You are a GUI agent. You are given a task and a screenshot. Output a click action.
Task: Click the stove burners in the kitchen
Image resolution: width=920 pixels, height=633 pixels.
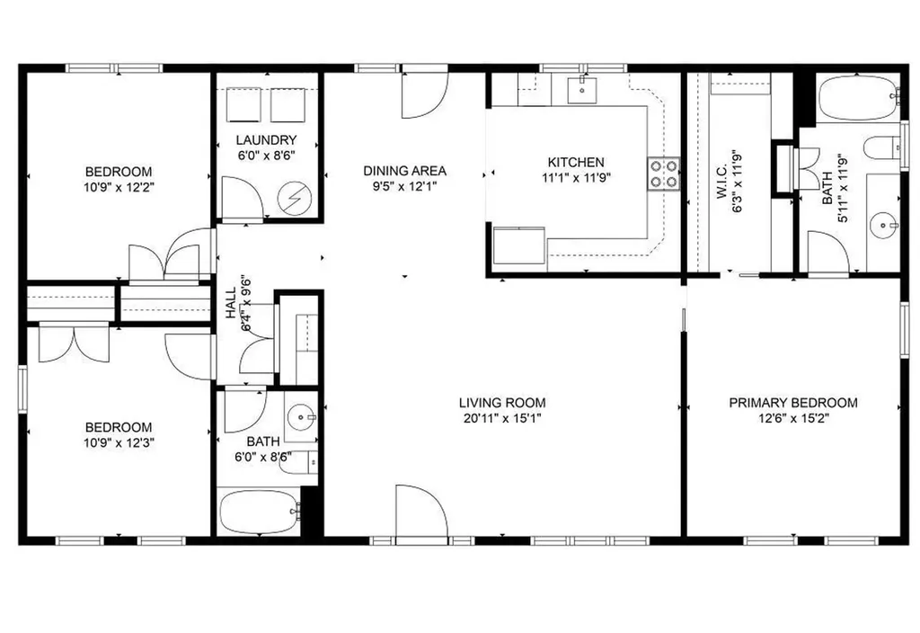[664, 174]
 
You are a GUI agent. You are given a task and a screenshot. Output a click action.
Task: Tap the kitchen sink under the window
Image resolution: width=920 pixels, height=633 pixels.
[583, 87]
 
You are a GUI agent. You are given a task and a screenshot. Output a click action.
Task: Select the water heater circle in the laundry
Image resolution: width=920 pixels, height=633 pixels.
[293, 199]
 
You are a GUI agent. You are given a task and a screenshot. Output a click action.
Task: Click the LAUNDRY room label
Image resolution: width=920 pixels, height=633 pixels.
[266, 140]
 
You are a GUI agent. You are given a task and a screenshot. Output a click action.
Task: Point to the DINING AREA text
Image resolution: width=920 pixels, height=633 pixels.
[404, 171]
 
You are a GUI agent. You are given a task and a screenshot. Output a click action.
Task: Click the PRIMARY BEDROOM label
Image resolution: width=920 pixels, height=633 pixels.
[792, 403]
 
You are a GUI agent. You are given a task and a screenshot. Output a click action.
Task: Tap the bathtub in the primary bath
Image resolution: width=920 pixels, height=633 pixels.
[858, 98]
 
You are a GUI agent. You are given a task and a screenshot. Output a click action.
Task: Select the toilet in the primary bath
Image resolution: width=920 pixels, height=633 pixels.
[885, 147]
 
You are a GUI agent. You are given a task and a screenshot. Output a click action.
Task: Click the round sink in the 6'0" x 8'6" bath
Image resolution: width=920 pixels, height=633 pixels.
[302, 416]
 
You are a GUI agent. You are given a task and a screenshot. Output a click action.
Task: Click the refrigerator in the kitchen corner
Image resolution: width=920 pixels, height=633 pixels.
[518, 245]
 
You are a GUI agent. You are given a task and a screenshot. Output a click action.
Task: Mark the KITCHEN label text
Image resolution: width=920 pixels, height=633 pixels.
[576, 162]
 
